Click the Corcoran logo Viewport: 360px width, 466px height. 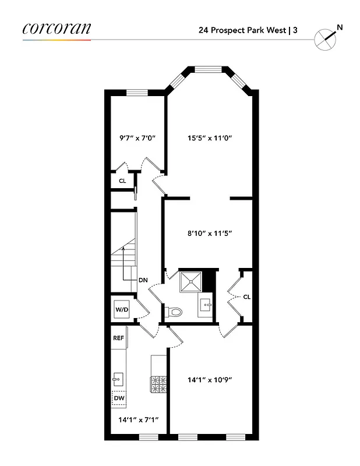click(x=57, y=28)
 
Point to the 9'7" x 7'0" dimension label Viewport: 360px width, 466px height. click(x=137, y=139)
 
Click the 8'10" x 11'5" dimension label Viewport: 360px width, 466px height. click(x=210, y=233)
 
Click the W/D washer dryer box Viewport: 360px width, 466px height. click(x=121, y=310)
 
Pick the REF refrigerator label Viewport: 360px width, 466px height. click(x=118, y=337)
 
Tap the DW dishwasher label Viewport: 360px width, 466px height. click(x=119, y=398)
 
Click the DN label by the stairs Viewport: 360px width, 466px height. click(x=143, y=280)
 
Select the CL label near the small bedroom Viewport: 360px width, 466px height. click(x=122, y=181)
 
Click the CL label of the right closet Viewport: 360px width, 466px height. click(x=246, y=296)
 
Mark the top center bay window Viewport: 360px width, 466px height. click(x=209, y=69)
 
